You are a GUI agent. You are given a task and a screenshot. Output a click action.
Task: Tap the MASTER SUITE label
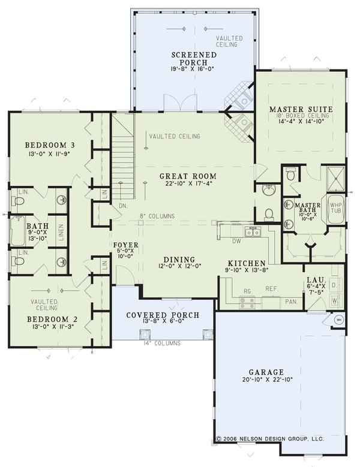coord(301,109)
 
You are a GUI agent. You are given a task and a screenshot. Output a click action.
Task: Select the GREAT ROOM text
coord(188,176)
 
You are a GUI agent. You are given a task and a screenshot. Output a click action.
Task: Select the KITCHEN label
coord(247,263)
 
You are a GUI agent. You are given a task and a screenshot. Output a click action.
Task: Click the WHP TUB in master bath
coord(335,208)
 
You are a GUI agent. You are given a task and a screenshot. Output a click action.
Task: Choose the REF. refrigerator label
coord(271,289)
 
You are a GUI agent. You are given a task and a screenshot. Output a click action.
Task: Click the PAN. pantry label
coord(292,302)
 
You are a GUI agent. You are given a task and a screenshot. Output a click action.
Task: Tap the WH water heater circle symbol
coord(337,319)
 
